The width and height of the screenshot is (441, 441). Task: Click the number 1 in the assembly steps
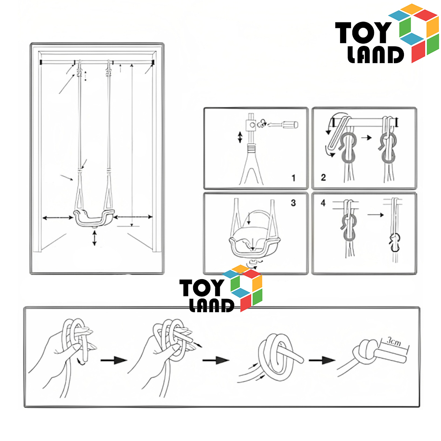click(x=293, y=178)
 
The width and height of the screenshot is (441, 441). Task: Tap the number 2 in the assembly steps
click(x=323, y=177)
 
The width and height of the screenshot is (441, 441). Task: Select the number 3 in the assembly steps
click(x=293, y=203)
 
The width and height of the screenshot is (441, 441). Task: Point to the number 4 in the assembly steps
click(x=323, y=203)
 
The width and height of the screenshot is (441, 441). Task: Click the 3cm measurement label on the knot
click(x=394, y=342)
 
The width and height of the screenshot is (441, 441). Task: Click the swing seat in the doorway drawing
click(x=94, y=218)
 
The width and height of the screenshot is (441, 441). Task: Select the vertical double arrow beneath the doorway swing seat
click(x=94, y=238)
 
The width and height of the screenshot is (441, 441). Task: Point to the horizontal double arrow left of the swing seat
click(x=58, y=218)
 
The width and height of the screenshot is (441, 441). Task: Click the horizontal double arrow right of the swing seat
click(x=133, y=217)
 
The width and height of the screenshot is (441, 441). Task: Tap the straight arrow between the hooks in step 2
click(x=366, y=138)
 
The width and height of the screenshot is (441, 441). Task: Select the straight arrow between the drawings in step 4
click(x=376, y=215)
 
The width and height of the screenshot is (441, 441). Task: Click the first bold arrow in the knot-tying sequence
click(x=114, y=360)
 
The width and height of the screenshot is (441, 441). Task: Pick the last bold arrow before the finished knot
click(x=322, y=360)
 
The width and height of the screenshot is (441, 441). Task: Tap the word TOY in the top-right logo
click(x=363, y=33)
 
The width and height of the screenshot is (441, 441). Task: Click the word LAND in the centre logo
click(x=212, y=306)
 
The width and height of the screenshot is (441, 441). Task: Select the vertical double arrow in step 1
click(x=240, y=137)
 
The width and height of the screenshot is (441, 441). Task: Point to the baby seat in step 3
click(x=255, y=235)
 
